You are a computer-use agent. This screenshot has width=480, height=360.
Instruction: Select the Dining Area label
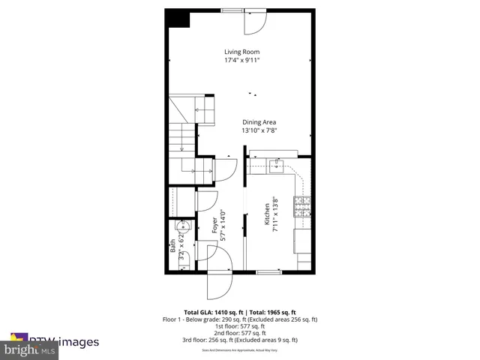pyautogui.click(x=260, y=121)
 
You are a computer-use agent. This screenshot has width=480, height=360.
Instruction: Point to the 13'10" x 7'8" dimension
pyautogui.click(x=260, y=130)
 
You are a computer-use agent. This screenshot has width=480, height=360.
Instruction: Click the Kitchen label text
pyautogui.click(x=266, y=214)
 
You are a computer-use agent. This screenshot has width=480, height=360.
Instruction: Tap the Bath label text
pyautogui.click(x=172, y=245)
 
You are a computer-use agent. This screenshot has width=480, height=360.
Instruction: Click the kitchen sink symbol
pyautogui.click(x=276, y=164)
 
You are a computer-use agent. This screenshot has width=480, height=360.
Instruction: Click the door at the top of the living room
pyautogui.click(x=254, y=22)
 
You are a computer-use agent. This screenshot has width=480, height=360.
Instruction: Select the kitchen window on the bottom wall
pyautogui.click(x=268, y=273)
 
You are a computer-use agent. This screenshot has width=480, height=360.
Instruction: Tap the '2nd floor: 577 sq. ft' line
pyautogui.click(x=240, y=333)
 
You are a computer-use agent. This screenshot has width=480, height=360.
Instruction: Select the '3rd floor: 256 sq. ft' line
pyautogui.click(x=240, y=340)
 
